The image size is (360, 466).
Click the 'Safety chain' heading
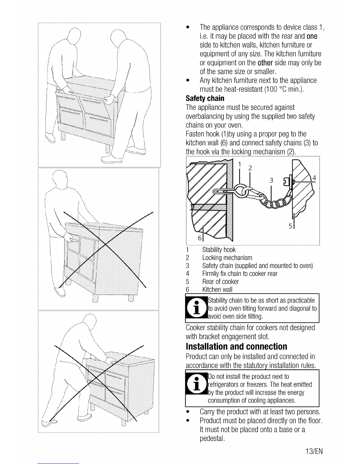(x=205, y=98)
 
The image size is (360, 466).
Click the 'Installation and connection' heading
(x=236, y=346)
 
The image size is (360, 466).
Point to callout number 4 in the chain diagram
(x=314, y=178)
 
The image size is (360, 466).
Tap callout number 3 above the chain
(x=271, y=180)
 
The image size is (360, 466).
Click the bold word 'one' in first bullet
(x=312, y=36)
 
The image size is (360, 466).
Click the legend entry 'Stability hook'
(x=219, y=250)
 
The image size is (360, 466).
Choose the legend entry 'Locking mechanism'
(x=227, y=258)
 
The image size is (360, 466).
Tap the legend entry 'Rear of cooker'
(x=220, y=282)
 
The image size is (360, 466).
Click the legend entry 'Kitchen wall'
(x=217, y=289)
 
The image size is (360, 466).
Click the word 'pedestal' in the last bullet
(x=212, y=438)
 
